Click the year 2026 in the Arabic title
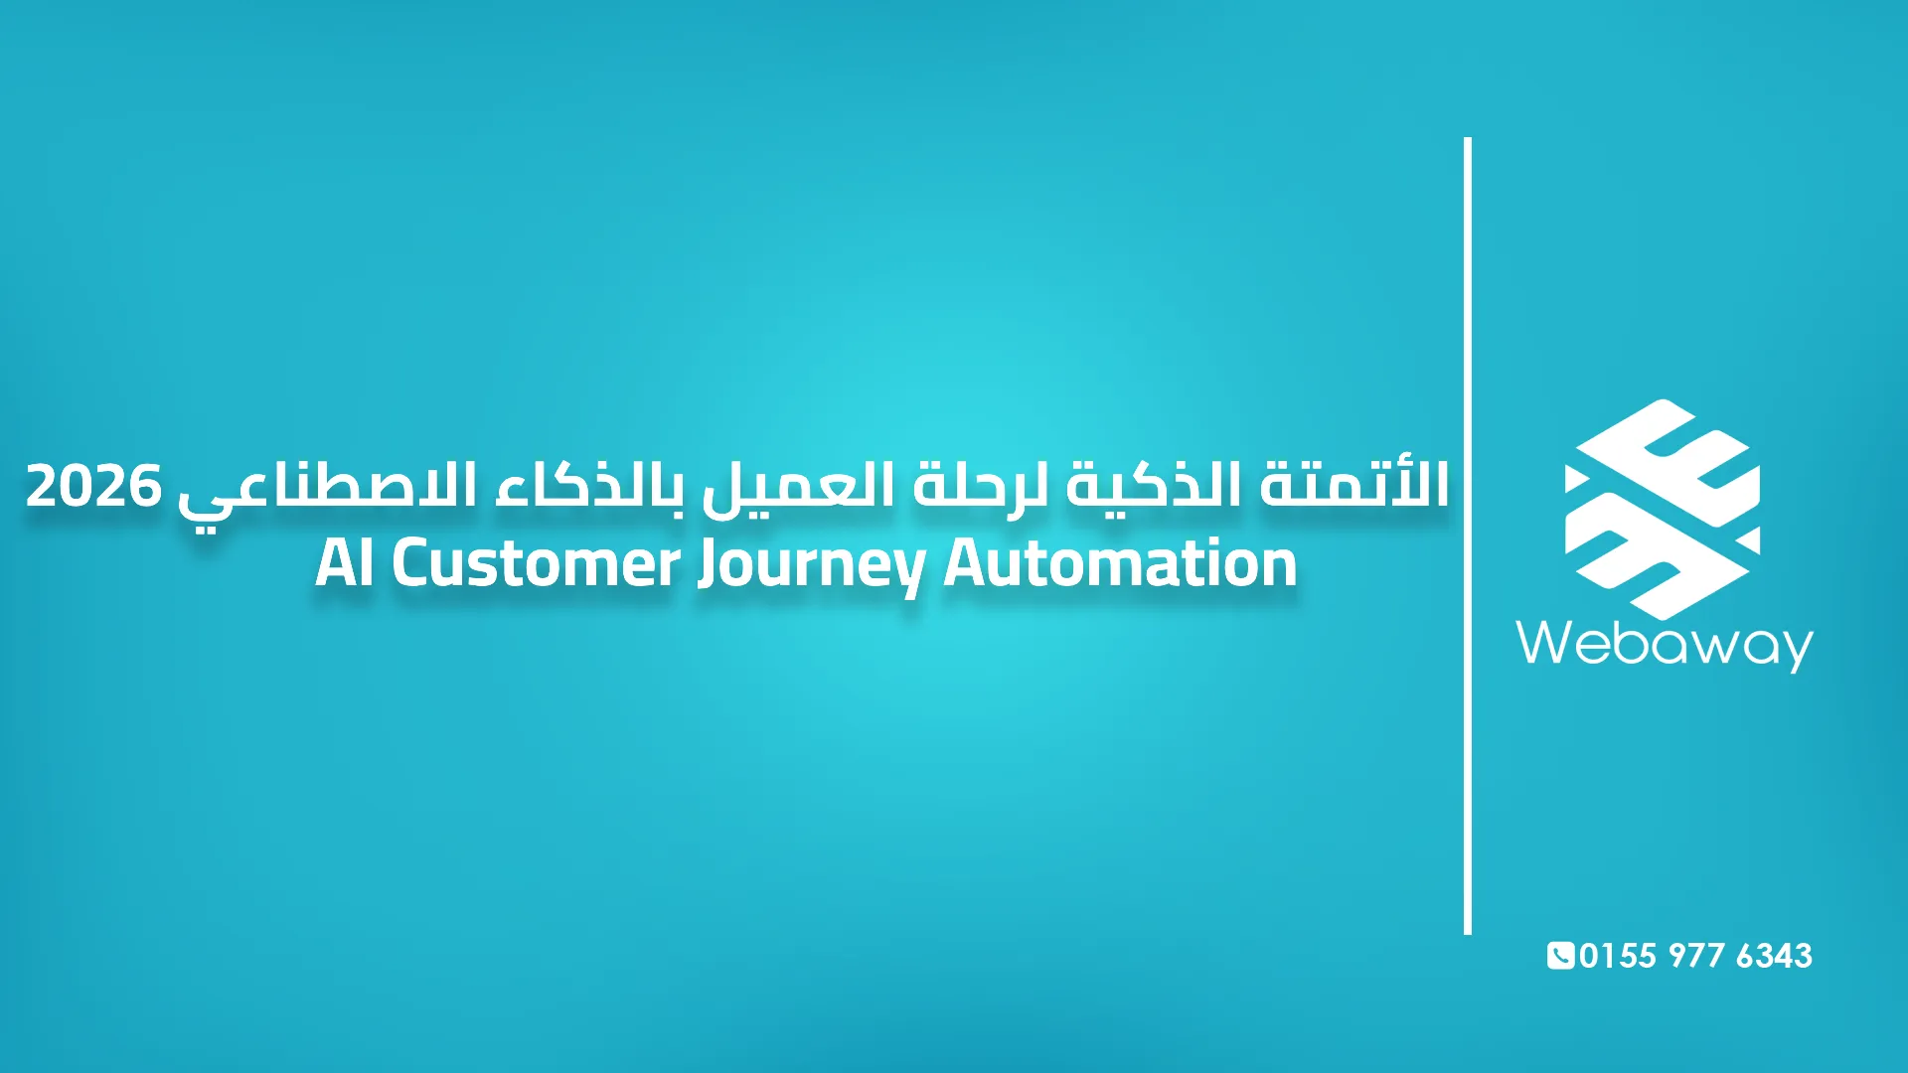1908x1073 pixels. pos(93,486)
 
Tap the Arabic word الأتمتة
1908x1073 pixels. pos(1354,486)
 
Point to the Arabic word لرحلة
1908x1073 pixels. pos(982,486)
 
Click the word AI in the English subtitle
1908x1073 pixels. pos(344,563)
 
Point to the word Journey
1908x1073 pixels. pos(811,565)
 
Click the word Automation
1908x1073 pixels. pos(1120,563)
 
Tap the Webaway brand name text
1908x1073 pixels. pos(1665,644)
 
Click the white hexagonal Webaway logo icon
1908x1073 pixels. pos(1662,509)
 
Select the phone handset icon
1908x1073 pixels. pos(1560,955)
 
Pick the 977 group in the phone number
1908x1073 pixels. pos(1696,956)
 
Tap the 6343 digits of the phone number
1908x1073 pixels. pos(1774,956)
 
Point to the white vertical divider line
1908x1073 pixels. pos(1468,536)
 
